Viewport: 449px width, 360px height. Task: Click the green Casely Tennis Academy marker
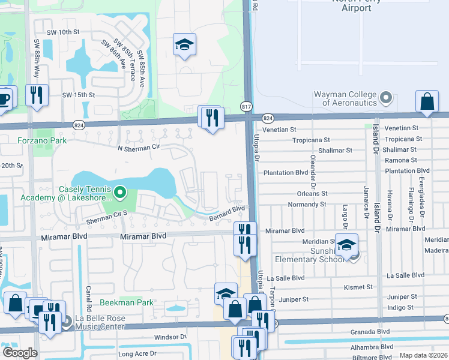tap(119, 192)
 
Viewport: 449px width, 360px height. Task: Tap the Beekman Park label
tap(127, 303)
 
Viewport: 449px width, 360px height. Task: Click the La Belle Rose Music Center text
tap(100, 322)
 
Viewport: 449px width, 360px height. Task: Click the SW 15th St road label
tap(79, 95)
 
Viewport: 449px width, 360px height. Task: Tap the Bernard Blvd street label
tap(228, 212)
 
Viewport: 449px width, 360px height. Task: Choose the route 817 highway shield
tap(247, 106)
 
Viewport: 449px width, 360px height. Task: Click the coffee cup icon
tap(5, 98)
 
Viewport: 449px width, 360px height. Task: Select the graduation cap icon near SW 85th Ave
tap(184, 44)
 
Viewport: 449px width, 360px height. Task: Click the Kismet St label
tap(358, 287)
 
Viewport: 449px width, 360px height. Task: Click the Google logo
tap(20, 353)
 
